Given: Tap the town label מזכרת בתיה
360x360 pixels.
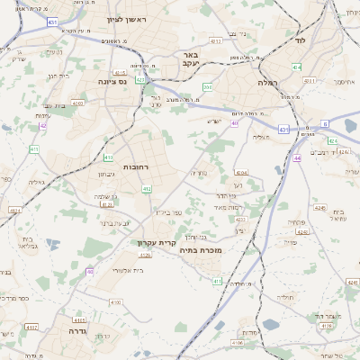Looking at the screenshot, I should point(200,249).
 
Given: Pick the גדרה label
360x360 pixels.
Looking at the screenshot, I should point(68,331).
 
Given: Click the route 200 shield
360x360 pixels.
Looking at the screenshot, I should point(208,87).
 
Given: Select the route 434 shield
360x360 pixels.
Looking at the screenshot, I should point(298,67).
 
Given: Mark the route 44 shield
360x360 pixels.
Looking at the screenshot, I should point(297,158).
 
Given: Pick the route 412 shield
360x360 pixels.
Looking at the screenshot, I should point(147,189).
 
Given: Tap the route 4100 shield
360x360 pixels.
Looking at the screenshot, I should point(77,103).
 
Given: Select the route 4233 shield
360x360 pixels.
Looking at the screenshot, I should point(240,219).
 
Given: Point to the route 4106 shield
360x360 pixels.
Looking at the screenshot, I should point(238,343).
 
